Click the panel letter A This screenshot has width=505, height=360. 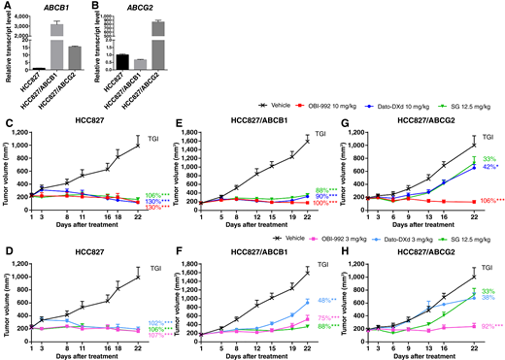click(6, 6)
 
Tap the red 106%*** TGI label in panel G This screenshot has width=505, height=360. click(489, 201)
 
